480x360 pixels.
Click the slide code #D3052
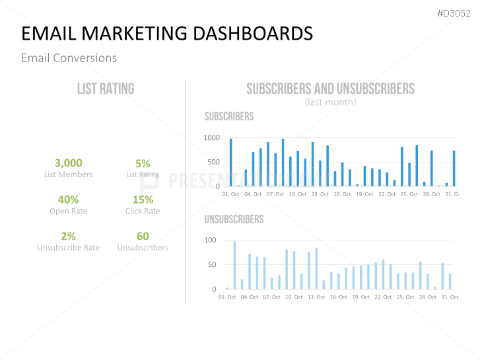[x=454, y=13]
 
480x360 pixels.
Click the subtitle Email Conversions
[x=69, y=58]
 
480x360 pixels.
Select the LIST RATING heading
[x=106, y=89]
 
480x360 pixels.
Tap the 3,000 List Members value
[x=68, y=162]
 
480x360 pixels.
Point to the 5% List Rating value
[x=143, y=163]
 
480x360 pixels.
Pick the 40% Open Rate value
[x=68, y=199]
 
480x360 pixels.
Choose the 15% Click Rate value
[x=143, y=199]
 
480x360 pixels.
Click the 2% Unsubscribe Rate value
[x=68, y=236]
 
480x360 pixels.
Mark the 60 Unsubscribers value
[x=143, y=236]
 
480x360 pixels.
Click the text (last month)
[x=330, y=102]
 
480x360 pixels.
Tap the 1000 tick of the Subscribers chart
[x=211, y=138]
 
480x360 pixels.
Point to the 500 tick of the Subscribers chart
[x=213, y=162]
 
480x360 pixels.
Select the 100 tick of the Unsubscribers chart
[x=210, y=240]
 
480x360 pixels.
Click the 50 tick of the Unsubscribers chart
[x=212, y=265]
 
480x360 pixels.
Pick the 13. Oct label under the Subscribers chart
[x=320, y=194]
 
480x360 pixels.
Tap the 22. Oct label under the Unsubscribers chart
[x=383, y=297]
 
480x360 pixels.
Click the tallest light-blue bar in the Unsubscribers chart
[x=234, y=264]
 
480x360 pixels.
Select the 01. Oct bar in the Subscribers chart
[x=230, y=162]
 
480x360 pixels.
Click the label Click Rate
[x=143, y=211]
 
